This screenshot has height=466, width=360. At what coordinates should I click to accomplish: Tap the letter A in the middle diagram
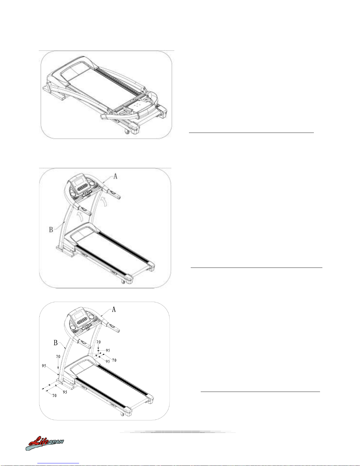click(x=115, y=176)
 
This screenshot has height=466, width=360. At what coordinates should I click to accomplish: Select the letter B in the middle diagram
click(x=51, y=229)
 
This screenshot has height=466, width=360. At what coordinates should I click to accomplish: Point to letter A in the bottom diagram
click(x=114, y=309)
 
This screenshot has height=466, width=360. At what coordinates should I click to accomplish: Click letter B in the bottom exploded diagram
click(x=56, y=343)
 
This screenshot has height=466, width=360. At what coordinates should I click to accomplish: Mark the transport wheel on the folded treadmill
click(x=127, y=132)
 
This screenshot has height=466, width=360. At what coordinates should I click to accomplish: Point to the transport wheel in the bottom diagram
click(x=121, y=414)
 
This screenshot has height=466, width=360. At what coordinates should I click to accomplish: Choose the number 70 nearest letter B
click(x=58, y=356)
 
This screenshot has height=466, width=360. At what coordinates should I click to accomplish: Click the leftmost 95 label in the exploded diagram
click(x=44, y=366)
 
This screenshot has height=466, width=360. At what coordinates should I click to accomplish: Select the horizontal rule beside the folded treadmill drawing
click(x=251, y=133)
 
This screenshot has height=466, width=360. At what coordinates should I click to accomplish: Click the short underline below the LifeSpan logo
click(x=58, y=463)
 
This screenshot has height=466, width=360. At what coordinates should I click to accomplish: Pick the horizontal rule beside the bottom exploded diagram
click(x=260, y=392)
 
